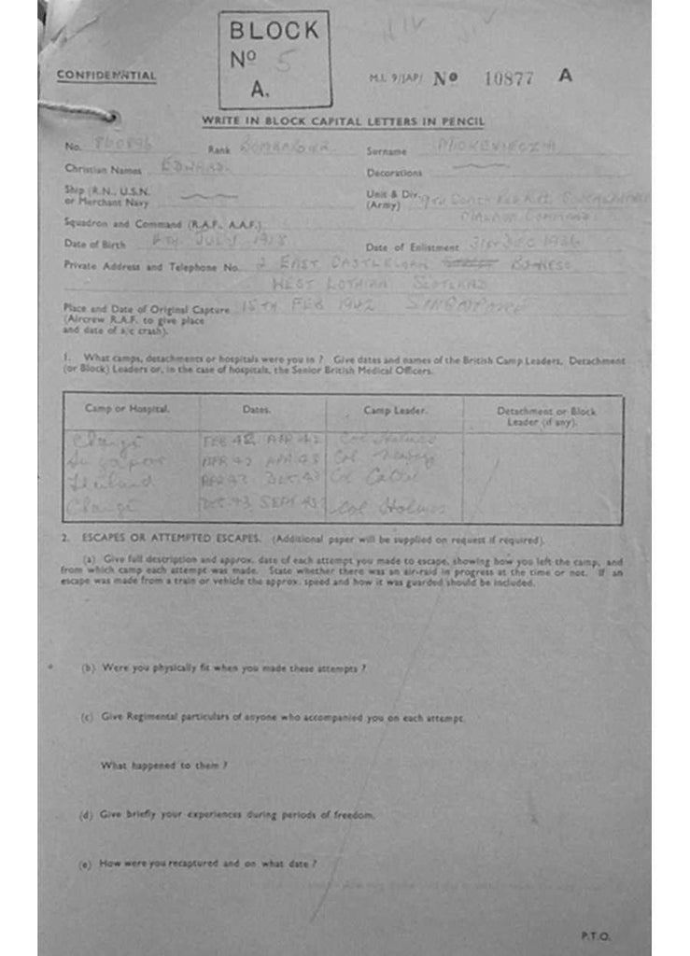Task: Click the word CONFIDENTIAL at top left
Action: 106,76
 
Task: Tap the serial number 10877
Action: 509,78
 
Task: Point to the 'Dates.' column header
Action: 256,409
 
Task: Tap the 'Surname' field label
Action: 387,150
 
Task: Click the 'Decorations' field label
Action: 394,173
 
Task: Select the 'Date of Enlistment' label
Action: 413,247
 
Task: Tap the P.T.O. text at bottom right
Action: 594,935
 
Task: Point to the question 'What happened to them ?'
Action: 163,766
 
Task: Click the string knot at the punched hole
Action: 109,117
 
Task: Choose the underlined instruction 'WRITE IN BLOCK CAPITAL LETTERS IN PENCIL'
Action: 343,121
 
